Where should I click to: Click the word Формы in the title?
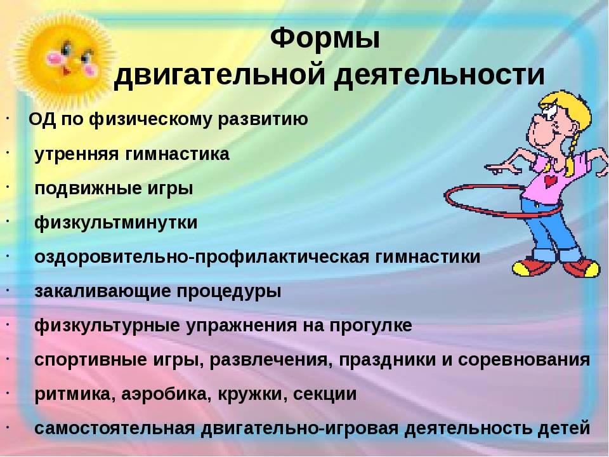pyautogui.click(x=325, y=39)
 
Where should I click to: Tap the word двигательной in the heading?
pyautogui.click(x=219, y=74)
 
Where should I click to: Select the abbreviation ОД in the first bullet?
pyautogui.click(x=43, y=119)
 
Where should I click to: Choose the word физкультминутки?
pyautogui.click(x=116, y=223)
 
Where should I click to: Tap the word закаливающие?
pyautogui.click(x=103, y=291)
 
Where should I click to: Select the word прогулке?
pyautogui.click(x=371, y=325)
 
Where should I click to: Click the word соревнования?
pyautogui.click(x=524, y=359)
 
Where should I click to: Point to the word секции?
pyautogui.click(x=325, y=394)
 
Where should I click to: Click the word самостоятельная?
pyautogui.click(x=115, y=428)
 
